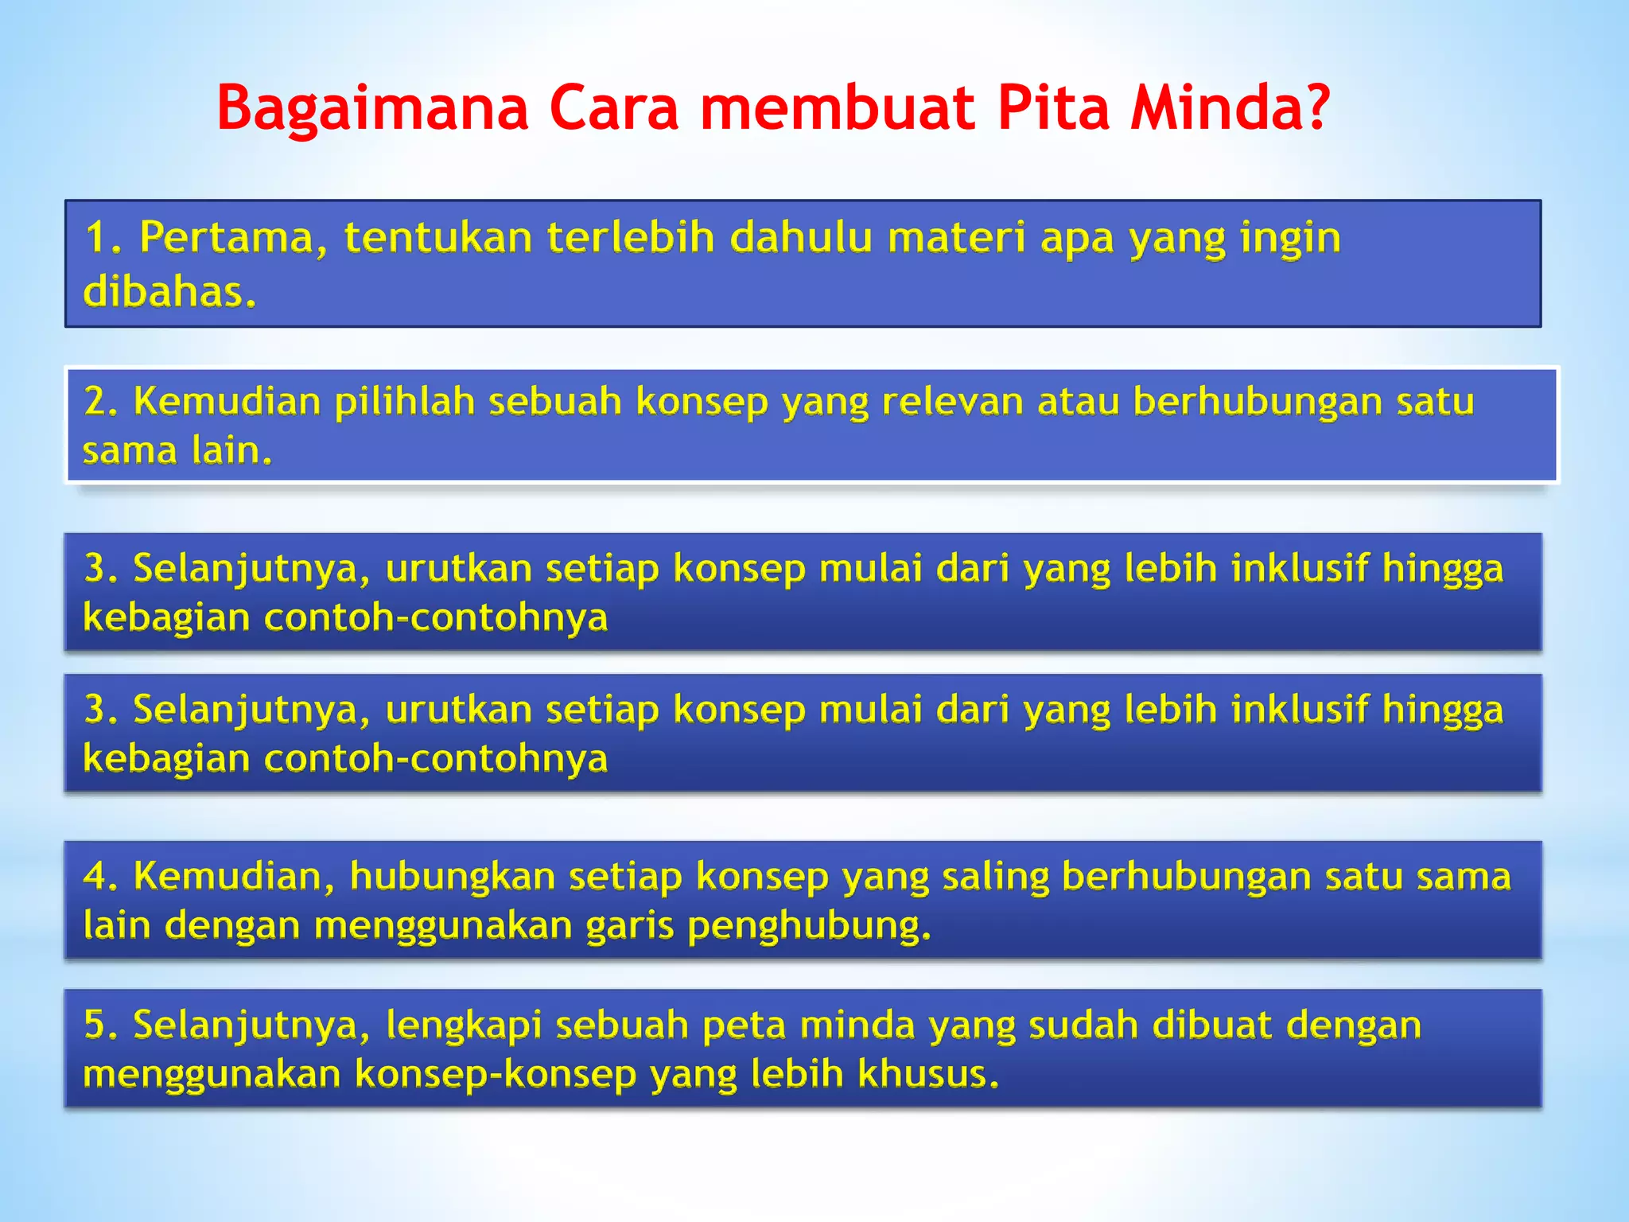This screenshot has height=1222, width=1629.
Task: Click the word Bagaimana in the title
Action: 372,110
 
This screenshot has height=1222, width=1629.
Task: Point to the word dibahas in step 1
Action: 169,292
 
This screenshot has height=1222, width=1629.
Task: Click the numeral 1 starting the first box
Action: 97,238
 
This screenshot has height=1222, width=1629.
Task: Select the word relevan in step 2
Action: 951,401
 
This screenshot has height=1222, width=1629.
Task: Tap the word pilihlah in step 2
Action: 405,401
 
